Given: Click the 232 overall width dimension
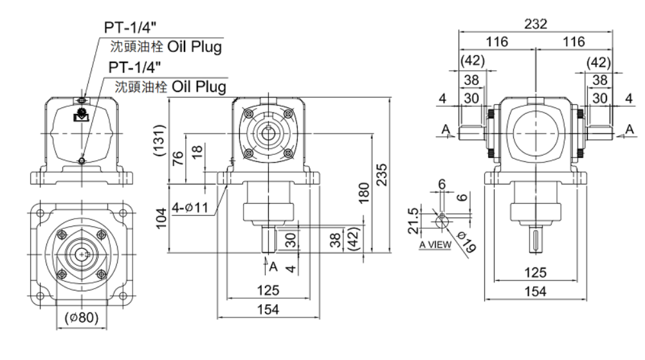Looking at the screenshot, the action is pos(536,24).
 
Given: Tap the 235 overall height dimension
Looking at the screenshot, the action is pos(382,175).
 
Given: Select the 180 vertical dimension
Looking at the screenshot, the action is pos(363,193).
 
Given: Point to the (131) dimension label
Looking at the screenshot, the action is pos(159,140).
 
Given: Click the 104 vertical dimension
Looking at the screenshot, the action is pos(161,218).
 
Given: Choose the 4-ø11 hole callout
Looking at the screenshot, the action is pos(190,208).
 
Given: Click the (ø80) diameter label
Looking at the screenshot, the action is pos(82,317).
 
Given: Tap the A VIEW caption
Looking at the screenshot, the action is pos(435,245).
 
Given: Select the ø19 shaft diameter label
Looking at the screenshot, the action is pos(467,242).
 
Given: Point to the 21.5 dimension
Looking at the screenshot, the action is pos(413,221).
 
